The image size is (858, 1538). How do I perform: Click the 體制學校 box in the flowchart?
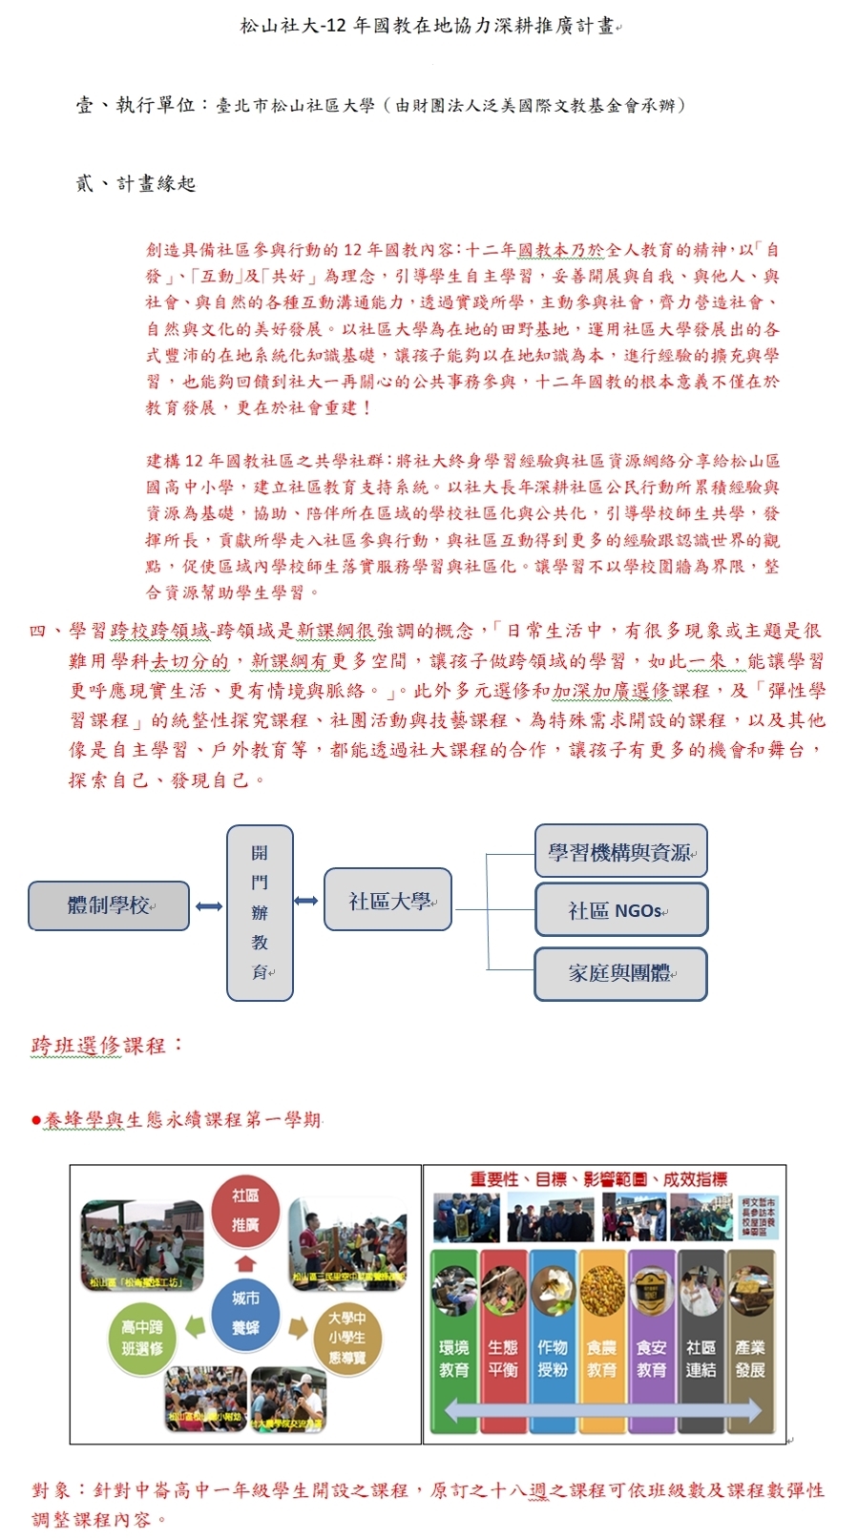[x=109, y=905]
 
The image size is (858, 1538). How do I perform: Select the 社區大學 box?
[x=387, y=900]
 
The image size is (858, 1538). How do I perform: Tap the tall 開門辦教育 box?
[x=260, y=912]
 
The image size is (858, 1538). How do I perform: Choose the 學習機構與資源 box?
[x=620, y=851]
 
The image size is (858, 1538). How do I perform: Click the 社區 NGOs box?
[x=620, y=910]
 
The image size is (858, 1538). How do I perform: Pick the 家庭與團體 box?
[x=620, y=973]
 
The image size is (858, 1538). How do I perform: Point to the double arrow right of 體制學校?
[x=209, y=905]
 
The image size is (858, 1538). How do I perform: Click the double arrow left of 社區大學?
[x=306, y=901]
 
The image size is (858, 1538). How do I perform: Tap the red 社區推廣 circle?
[x=245, y=1210]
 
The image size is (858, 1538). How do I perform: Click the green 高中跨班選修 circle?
[x=142, y=1338]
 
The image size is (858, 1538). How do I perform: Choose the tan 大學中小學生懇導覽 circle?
[x=346, y=1338]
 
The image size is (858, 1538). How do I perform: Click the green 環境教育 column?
[x=454, y=1341]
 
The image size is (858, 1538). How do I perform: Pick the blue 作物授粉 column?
[x=553, y=1341]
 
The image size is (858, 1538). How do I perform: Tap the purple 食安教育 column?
[x=651, y=1341]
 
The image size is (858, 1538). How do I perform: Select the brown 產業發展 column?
[x=750, y=1341]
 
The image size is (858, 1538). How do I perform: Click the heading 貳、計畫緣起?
[x=136, y=183]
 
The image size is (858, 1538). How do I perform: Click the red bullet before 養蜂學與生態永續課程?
[x=36, y=1120]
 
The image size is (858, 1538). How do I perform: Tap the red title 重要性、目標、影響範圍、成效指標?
[x=598, y=1180]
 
